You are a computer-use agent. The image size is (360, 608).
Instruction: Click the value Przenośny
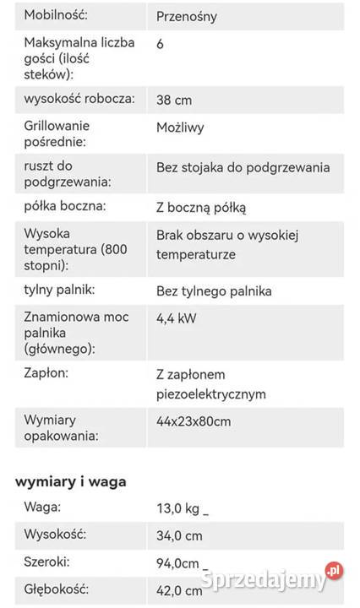point(186,16)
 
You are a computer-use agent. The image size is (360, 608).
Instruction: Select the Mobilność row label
point(56,15)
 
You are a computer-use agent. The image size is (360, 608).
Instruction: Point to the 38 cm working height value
point(174,100)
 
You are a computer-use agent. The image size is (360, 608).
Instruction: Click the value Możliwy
point(180,128)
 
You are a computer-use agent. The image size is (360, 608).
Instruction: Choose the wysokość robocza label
point(79,99)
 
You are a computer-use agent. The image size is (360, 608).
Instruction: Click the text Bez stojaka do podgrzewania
point(243,167)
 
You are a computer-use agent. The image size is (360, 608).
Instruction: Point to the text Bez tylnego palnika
point(214,291)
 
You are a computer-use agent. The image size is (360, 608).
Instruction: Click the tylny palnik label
point(59,290)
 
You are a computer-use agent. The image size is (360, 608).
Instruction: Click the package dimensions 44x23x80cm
point(194,421)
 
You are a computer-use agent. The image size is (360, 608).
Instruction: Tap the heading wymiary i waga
point(71,481)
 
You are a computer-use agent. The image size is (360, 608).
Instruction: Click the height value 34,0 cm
point(179,535)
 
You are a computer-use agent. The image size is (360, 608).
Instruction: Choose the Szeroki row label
point(47,562)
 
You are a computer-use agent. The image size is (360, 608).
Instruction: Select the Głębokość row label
point(57,589)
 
